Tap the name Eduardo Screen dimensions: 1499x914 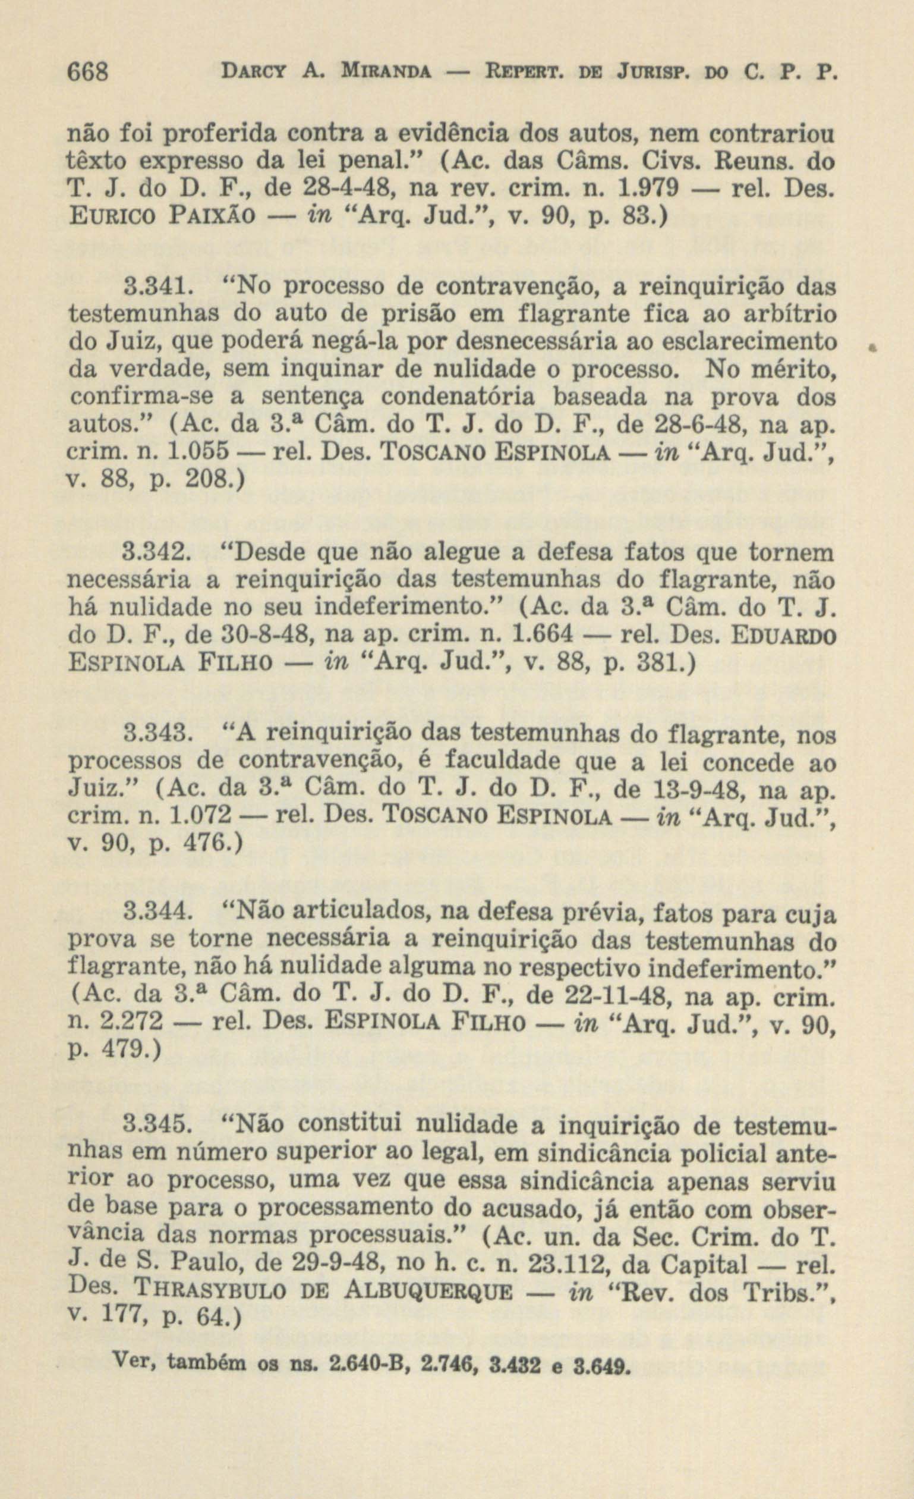pos(784,635)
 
